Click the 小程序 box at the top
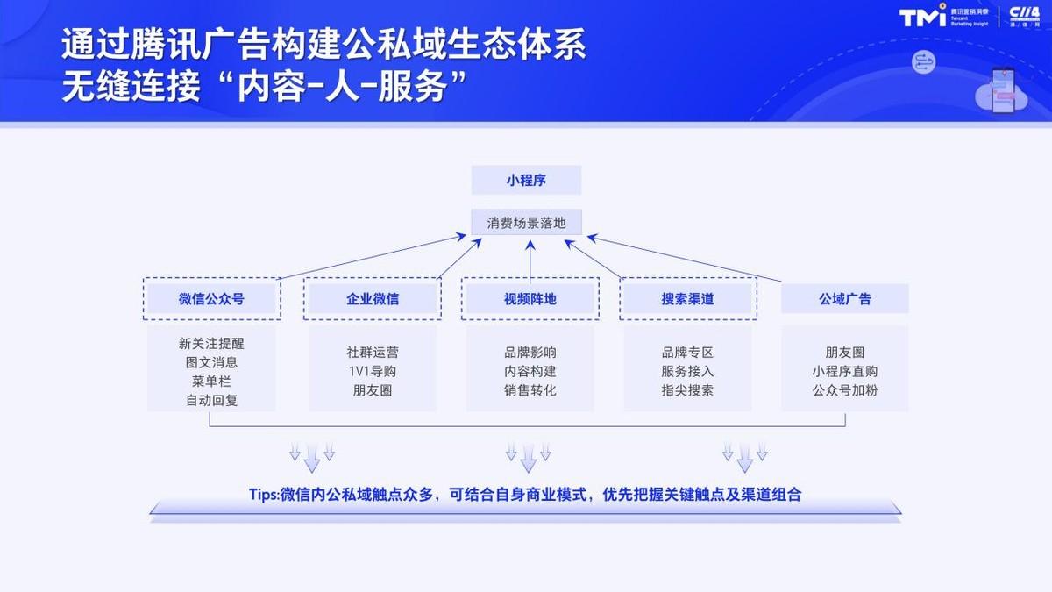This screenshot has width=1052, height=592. coord(526,180)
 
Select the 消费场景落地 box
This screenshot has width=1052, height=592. coord(526,223)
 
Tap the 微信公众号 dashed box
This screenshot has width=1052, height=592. coord(211,299)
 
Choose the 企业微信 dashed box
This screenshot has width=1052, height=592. coord(372,299)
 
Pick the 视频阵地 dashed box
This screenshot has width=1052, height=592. coord(530,299)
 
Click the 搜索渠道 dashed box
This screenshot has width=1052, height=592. coord(687,299)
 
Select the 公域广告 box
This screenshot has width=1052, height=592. coord(845,299)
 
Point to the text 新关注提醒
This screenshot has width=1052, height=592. coord(211,343)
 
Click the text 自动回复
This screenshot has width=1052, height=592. coord(211,400)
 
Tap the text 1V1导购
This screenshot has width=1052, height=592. coord(372,371)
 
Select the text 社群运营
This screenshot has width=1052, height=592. coord(372,352)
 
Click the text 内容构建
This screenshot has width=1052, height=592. coord(530,371)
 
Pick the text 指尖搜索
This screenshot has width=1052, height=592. coord(687,390)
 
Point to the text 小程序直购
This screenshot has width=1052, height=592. coord(845,371)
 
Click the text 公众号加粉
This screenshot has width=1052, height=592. coord(845,390)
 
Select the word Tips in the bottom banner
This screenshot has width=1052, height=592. coord(263,495)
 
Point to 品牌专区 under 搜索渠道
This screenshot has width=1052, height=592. coord(687,352)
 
